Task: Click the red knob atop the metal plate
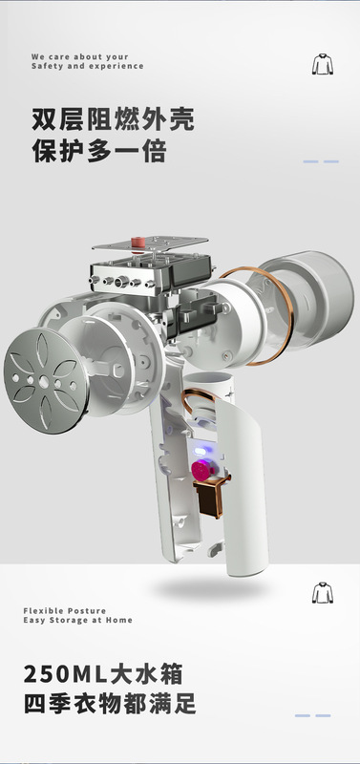[138, 243]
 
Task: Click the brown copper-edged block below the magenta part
[210, 496]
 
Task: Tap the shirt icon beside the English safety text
[323, 64]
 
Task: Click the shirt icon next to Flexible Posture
[323, 592]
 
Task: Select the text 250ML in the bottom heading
[66, 675]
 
